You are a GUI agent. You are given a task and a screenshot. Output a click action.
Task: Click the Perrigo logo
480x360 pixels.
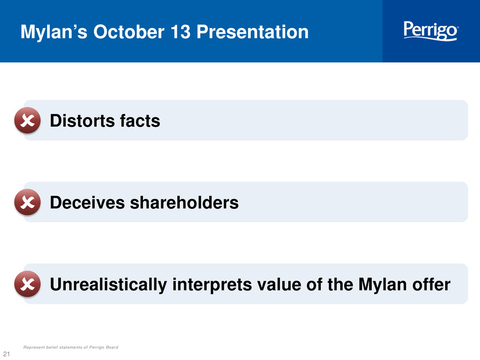coord(430,31)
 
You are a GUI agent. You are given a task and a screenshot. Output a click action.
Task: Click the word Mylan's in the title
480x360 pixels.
coord(54,32)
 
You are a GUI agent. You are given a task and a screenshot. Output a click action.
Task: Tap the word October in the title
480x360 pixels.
coord(129,32)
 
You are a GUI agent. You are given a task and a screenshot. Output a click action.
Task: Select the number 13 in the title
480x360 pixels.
coord(180,32)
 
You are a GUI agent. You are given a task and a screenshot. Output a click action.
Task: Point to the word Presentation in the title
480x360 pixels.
coord(252,32)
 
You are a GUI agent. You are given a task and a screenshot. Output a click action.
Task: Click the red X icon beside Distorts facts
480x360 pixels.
coord(28,121)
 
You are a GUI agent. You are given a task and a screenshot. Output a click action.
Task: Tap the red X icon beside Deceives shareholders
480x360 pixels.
coord(28,202)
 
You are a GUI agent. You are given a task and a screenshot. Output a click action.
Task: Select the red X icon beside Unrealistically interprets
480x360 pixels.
coord(28,284)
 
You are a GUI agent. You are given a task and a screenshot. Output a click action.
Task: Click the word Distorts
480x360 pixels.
coord(82,121)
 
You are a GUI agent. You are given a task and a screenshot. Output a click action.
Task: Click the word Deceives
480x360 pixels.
coord(87,202)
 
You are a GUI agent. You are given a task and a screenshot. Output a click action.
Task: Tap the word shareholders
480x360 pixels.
coord(184,202)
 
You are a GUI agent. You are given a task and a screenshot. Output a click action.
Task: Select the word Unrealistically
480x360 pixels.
coord(108,285)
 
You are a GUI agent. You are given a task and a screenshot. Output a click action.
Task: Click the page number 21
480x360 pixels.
coord(7,353)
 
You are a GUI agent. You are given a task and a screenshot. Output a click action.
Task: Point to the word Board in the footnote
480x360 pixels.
coord(112,347)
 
